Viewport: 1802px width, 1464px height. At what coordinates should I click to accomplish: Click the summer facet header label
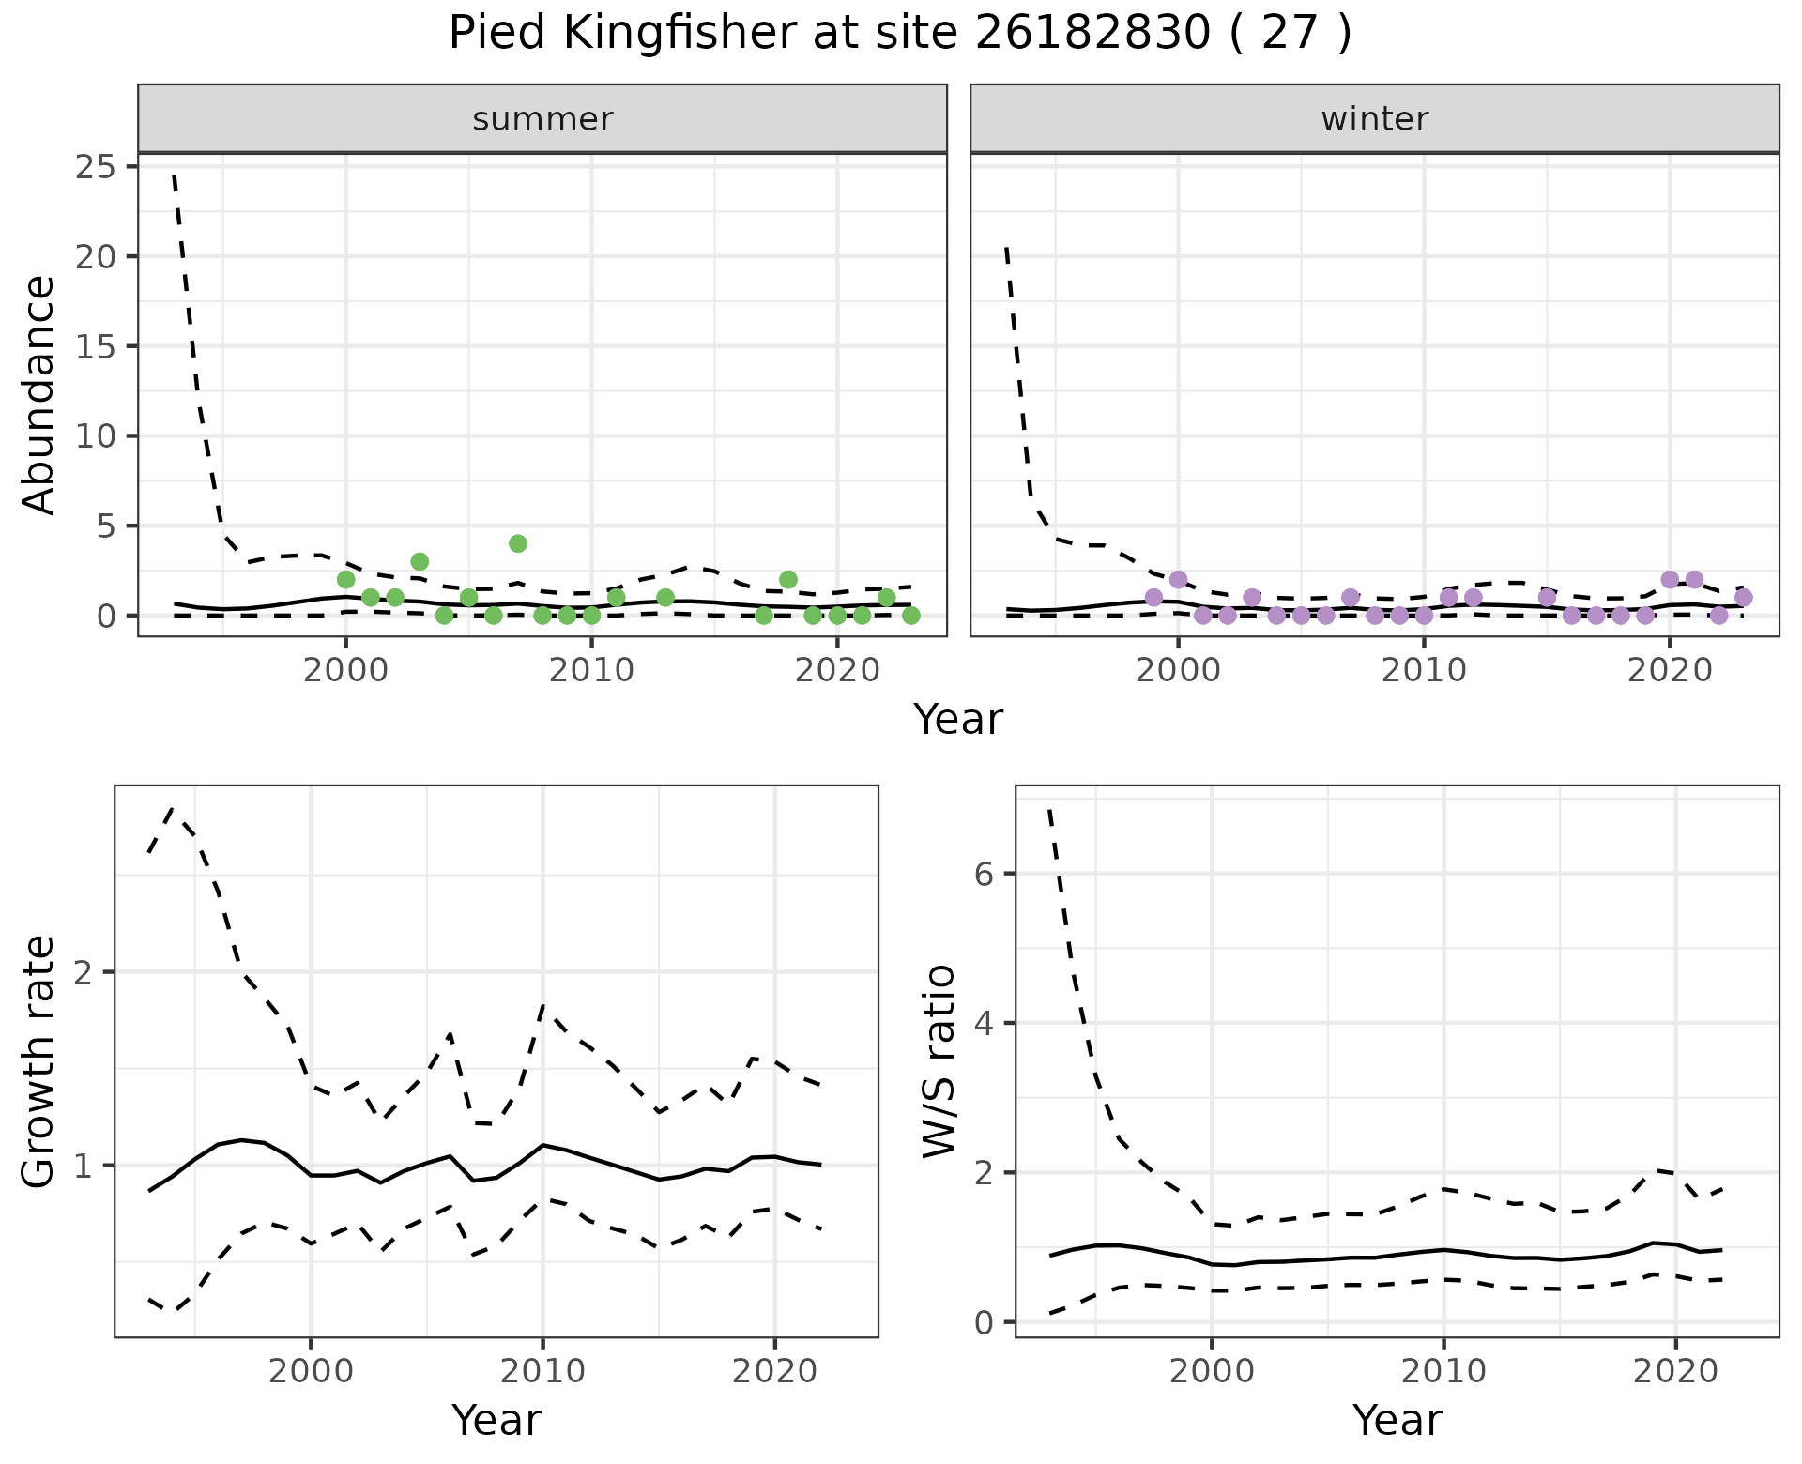pos(542,119)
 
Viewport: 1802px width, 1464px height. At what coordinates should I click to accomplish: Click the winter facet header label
pos(1374,119)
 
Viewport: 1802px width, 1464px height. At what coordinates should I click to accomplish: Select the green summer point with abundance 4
pos(518,543)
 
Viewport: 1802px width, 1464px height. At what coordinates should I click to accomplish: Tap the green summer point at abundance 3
pos(420,561)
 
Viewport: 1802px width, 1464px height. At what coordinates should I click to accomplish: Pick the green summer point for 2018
pos(788,579)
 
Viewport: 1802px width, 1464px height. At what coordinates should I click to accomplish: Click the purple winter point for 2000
pos(1178,579)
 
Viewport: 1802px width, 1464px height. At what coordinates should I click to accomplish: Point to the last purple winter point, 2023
pos(1743,597)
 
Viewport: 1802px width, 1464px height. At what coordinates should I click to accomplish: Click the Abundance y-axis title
pos(39,394)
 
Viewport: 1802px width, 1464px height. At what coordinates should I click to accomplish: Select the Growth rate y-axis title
pos(39,1061)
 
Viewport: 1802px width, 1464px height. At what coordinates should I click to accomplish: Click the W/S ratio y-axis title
pos(939,1061)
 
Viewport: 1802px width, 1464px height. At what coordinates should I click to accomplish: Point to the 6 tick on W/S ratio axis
pos(984,874)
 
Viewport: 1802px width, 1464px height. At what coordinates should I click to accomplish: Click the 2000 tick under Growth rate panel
pos(311,1371)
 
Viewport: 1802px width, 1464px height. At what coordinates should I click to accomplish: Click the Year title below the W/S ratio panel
pos(1397,1420)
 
